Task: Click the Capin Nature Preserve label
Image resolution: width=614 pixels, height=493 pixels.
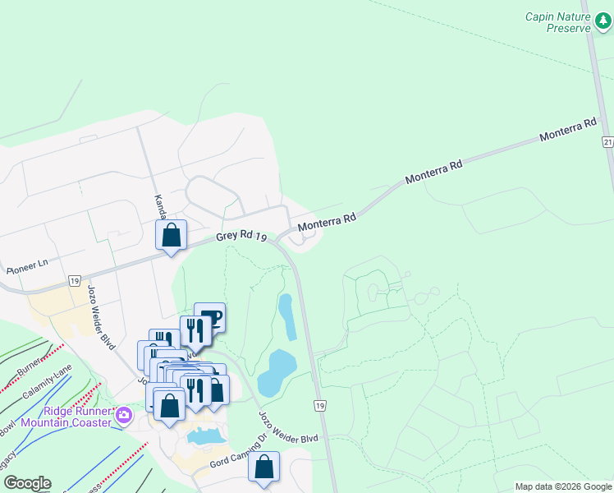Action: point(557,21)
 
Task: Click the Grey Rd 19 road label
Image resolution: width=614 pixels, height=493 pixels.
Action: point(242,237)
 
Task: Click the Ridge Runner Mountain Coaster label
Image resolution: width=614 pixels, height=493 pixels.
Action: point(66,417)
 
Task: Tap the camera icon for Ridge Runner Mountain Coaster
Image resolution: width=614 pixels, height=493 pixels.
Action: point(124,414)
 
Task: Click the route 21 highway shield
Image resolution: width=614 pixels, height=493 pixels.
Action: point(607,142)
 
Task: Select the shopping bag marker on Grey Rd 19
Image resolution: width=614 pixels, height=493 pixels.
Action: point(171,236)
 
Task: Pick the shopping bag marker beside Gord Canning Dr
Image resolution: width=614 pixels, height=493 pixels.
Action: point(264,467)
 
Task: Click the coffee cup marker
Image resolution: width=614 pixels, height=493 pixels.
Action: point(209,318)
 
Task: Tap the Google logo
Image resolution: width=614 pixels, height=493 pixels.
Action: point(26,483)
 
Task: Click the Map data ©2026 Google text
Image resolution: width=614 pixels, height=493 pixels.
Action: point(562,486)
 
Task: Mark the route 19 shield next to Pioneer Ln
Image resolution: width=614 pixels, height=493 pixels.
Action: point(74,280)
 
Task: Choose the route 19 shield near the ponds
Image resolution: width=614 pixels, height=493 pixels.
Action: point(319,405)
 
